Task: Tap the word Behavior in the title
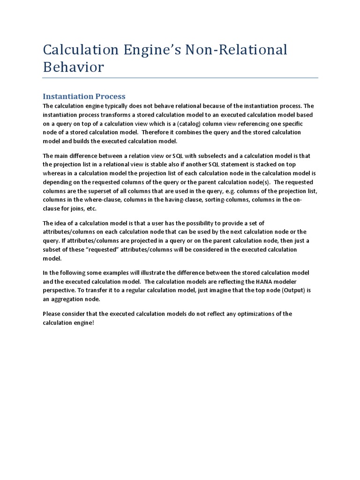73,67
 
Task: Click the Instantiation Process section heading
84,96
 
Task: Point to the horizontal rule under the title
180,78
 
